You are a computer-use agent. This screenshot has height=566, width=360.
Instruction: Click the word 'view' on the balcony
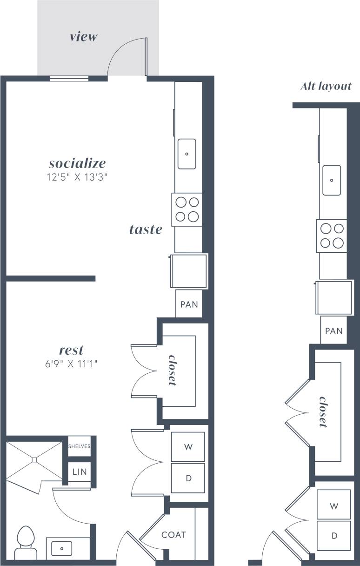click(83, 37)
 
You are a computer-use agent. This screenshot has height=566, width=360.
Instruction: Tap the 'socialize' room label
click(77, 163)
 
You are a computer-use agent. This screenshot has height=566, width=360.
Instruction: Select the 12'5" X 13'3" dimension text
click(78, 177)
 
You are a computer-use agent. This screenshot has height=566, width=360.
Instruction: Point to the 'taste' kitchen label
click(146, 229)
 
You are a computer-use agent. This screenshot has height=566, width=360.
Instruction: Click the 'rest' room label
click(71, 350)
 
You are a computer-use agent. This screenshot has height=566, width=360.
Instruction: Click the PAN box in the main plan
click(189, 305)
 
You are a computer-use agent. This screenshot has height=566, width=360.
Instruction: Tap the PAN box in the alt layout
click(334, 331)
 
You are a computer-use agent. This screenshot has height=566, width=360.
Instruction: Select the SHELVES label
click(79, 446)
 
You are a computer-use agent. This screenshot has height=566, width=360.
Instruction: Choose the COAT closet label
click(173, 535)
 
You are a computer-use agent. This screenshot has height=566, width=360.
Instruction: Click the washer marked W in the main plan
click(188, 447)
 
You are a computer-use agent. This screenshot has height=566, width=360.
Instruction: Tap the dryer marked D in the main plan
click(188, 478)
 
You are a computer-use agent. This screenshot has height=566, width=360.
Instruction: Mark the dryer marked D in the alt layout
click(334, 536)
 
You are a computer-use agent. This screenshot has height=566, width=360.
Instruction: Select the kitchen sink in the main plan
click(187, 154)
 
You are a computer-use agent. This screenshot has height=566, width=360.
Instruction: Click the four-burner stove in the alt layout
click(332, 236)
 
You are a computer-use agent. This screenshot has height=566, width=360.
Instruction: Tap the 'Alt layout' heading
click(326, 86)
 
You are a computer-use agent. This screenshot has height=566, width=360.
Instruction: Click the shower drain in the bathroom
click(34, 460)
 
